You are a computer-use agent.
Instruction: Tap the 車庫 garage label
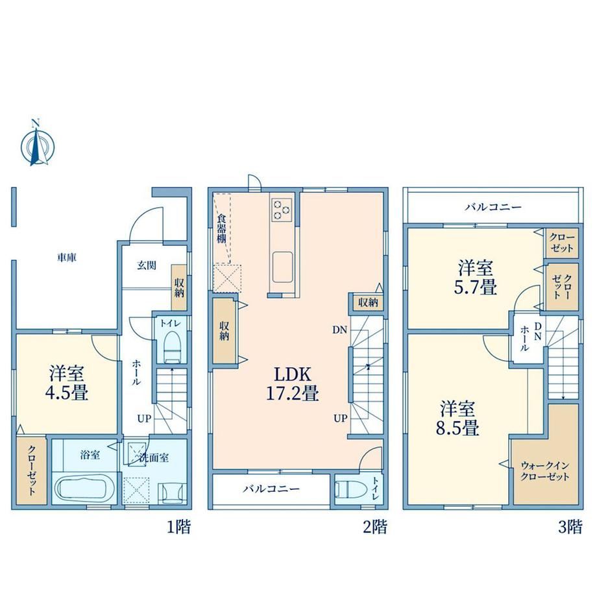pos(67,258)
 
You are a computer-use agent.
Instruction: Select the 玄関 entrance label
pos(147,265)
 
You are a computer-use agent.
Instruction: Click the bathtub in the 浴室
pos(84,489)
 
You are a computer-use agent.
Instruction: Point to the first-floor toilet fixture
pos(171,347)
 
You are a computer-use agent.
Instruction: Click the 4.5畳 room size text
pos(67,393)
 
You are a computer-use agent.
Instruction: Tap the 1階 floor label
pos(179,527)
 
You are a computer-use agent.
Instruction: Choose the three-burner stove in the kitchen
pos(282,210)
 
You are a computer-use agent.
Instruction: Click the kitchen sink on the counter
pos(282,267)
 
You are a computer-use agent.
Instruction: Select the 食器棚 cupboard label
pos(221,228)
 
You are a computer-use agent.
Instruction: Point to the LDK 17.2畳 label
pos(293,384)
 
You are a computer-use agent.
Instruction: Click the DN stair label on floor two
pos(339,330)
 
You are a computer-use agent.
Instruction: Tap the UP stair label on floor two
pos(341,419)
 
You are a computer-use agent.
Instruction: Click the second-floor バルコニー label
pos(271,489)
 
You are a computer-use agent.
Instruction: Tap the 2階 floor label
pos(375,527)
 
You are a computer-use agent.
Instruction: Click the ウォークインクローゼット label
pos(544,471)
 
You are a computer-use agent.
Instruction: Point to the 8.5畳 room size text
pos(457,428)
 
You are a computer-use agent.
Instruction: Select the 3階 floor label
pos(570,527)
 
